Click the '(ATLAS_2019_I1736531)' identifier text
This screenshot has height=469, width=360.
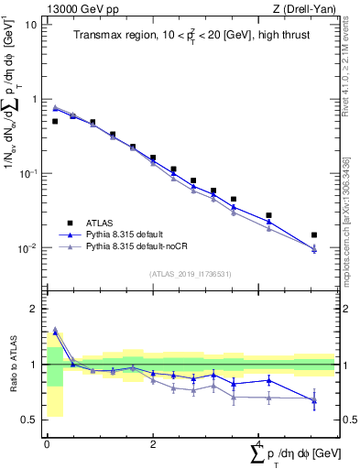189,273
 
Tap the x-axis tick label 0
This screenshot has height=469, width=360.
47,443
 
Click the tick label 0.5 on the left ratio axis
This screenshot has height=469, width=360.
32,420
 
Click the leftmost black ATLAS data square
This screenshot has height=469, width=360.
55,121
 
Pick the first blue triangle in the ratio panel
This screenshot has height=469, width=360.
55,331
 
